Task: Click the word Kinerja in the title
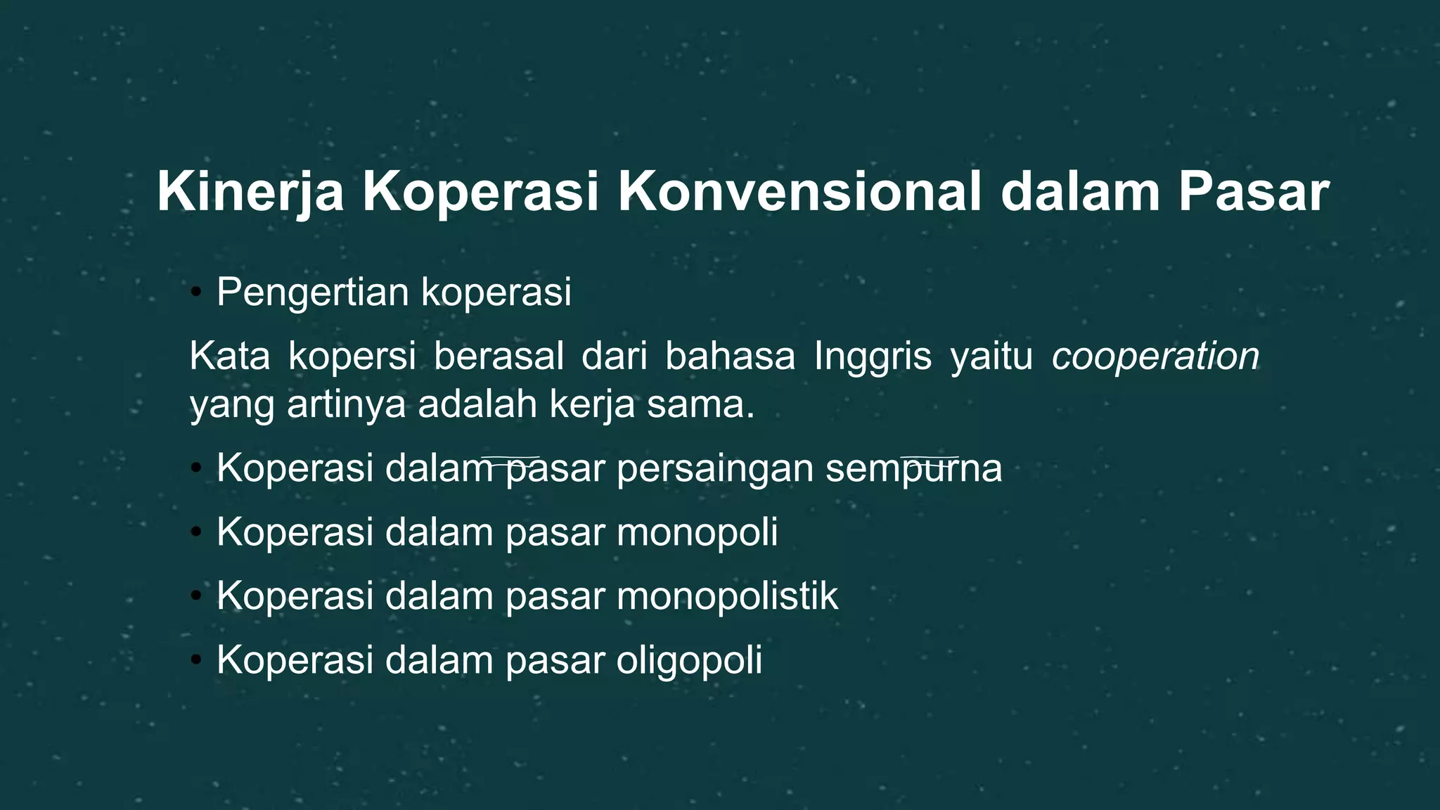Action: tap(250, 192)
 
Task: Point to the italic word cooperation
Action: tap(1155, 356)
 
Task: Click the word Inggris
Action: tap(873, 356)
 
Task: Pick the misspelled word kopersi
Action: tap(352, 356)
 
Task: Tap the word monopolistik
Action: tap(727, 596)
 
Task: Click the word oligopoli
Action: tap(689, 660)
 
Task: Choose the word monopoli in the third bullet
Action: tap(697, 532)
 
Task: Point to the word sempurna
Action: tap(913, 468)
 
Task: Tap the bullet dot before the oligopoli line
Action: tap(196, 660)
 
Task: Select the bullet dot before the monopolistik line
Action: tap(196, 596)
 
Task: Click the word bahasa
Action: tap(730, 356)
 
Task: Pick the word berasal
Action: tap(499, 356)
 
